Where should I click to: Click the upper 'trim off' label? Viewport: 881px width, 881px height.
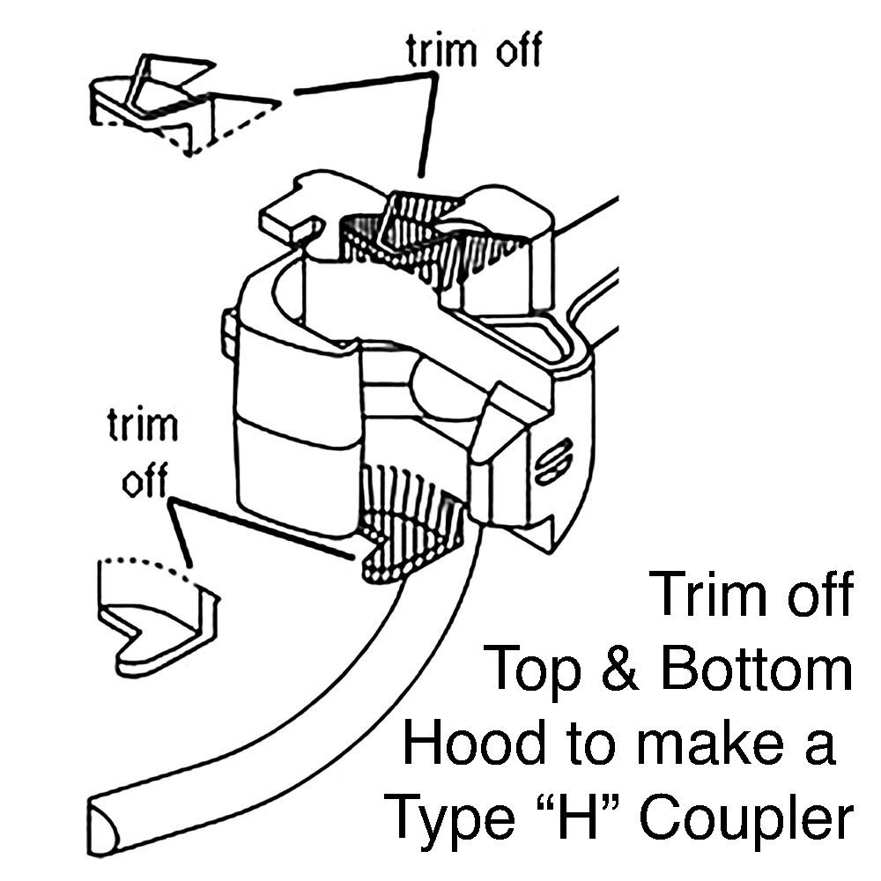click(474, 51)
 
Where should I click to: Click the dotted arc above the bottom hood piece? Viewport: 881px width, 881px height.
click(145, 564)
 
